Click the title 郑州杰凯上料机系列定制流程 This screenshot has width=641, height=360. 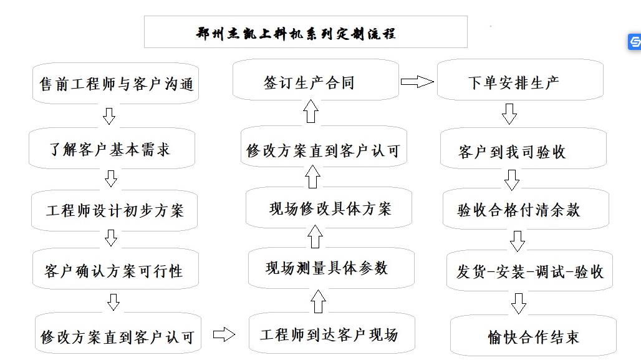[306, 32]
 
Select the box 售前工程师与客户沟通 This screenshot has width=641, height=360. [115, 84]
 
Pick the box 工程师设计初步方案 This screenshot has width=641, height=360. [115, 210]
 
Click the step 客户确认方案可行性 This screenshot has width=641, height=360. [114, 271]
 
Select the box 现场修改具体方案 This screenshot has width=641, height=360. [329, 208]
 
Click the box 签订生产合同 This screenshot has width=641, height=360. [316, 81]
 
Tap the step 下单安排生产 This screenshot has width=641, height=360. [519, 81]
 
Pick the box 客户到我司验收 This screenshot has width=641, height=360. [521, 150]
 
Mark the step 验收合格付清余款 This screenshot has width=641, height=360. [519, 210]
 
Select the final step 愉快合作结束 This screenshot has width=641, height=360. [533, 337]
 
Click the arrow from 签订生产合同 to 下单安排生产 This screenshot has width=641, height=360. [417, 81]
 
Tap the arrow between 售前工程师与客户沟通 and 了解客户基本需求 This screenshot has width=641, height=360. [110, 116]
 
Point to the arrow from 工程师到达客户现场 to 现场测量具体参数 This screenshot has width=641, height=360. [318, 301]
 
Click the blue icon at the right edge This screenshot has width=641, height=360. [635, 42]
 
